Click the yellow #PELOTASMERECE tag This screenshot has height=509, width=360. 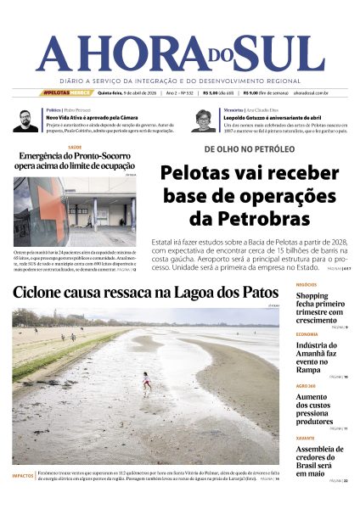click(66, 92)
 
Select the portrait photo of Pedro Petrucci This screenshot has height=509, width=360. click(25, 120)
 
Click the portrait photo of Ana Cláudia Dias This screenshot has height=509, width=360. click(204, 120)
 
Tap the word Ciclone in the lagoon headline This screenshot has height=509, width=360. click(43, 294)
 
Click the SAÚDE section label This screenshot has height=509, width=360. click(74, 146)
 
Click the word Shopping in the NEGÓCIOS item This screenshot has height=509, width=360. click(312, 296)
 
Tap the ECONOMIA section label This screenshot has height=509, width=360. click(307, 334)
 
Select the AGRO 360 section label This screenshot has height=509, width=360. click(307, 386)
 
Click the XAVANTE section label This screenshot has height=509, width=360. click(306, 438)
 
